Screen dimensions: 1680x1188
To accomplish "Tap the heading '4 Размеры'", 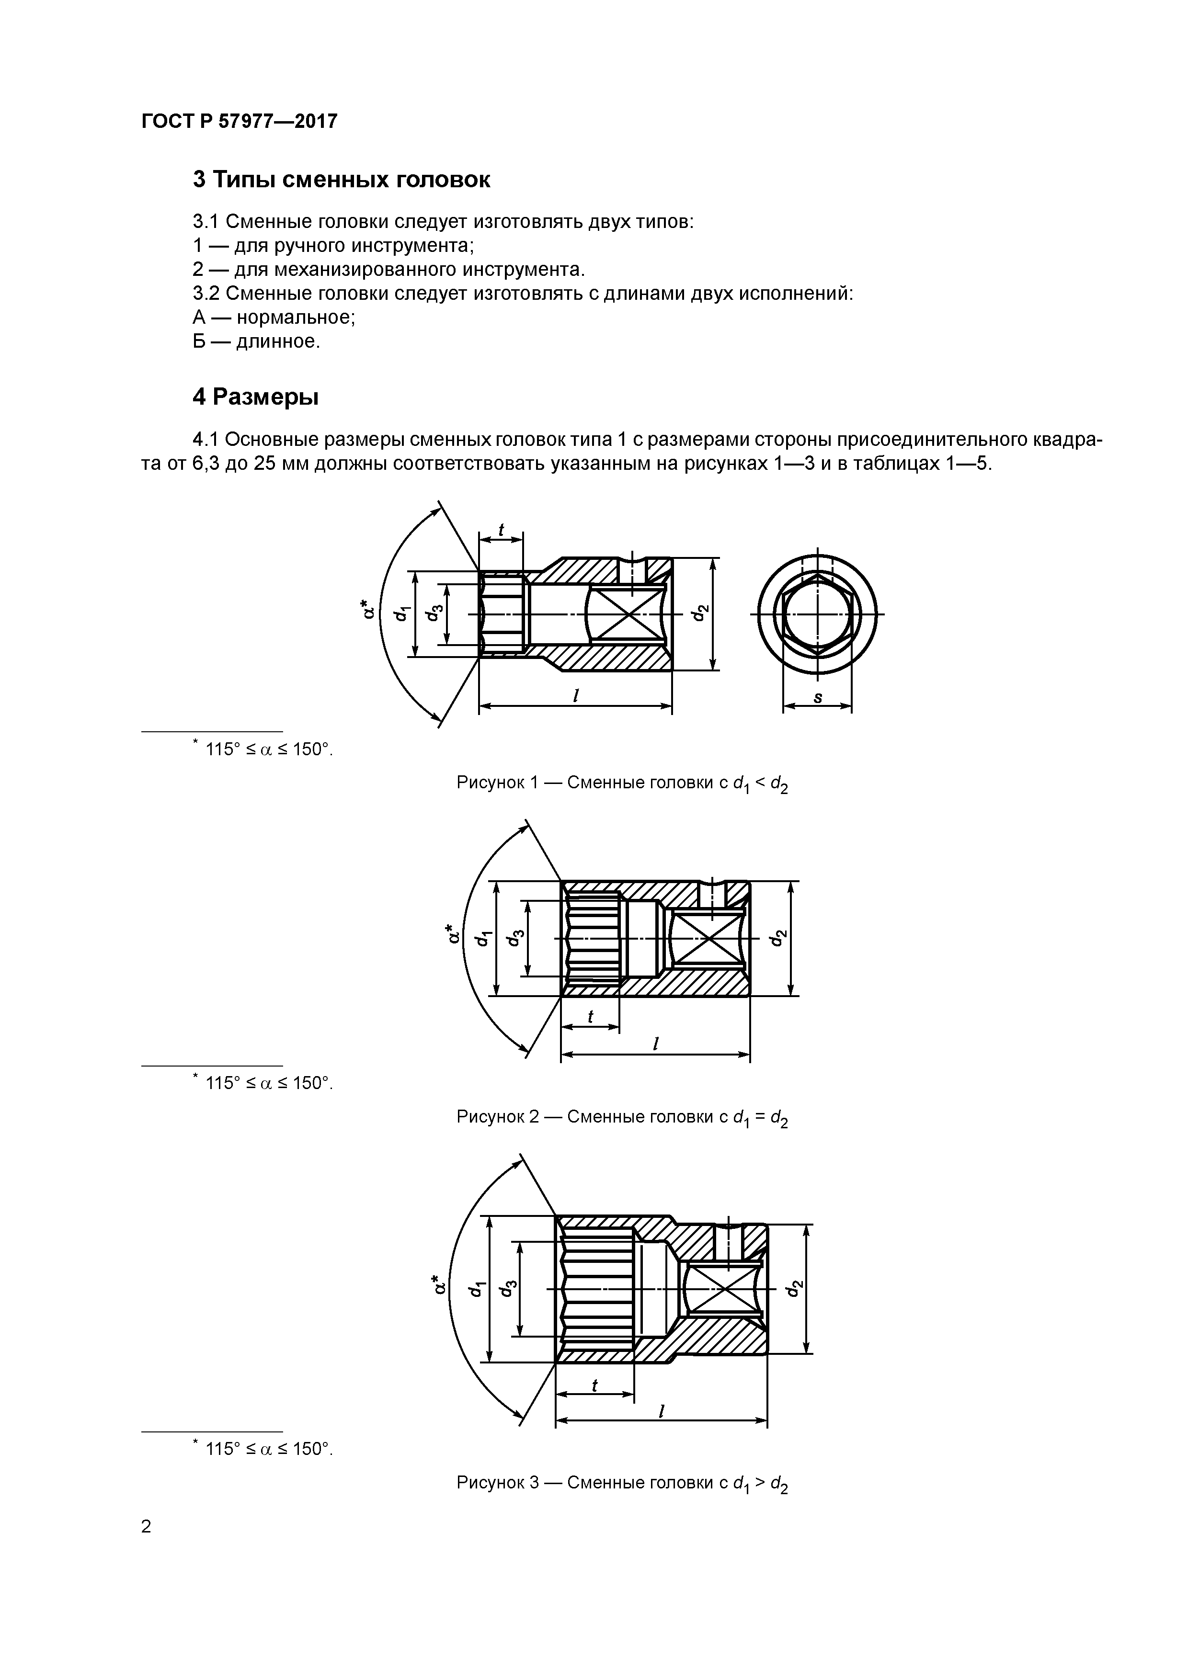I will pos(255,397).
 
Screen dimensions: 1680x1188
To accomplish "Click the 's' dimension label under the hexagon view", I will pos(818,697).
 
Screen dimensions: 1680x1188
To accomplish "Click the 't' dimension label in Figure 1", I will pos(502,529).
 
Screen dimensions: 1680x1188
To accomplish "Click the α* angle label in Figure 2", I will pos(454,934).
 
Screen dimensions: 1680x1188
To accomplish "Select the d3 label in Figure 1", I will pos(434,613).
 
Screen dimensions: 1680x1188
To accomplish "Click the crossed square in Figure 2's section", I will pos(706,939).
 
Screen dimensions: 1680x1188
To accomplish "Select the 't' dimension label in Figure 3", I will pos(594,1385).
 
